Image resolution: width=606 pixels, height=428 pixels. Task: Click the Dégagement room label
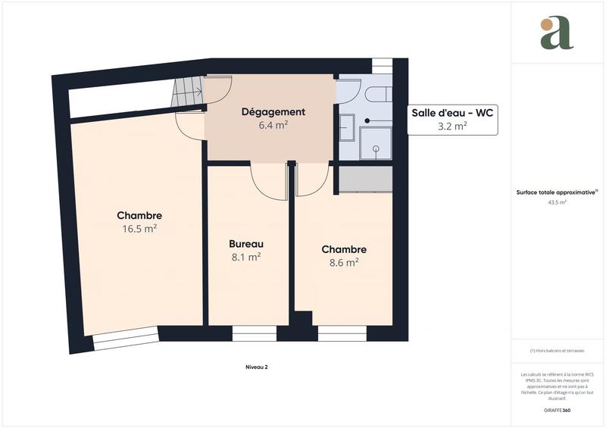(273, 112)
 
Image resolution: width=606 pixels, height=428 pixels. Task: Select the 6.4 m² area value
(273, 126)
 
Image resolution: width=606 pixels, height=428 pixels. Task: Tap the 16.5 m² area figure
(139, 228)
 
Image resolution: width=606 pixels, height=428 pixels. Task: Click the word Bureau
(246, 244)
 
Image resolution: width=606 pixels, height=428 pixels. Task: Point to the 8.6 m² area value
(344, 263)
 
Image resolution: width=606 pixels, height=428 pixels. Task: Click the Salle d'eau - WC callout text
(452, 113)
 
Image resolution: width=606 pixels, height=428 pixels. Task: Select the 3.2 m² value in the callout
(452, 127)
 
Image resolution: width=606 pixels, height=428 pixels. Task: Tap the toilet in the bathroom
(376, 95)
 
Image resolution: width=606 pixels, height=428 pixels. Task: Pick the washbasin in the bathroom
(346, 127)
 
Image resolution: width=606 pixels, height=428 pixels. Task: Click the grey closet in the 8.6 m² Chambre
(364, 179)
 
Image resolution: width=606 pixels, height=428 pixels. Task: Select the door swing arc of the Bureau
(267, 182)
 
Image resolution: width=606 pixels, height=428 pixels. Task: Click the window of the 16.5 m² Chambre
(126, 339)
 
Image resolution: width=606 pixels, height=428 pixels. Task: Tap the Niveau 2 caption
(257, 367)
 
